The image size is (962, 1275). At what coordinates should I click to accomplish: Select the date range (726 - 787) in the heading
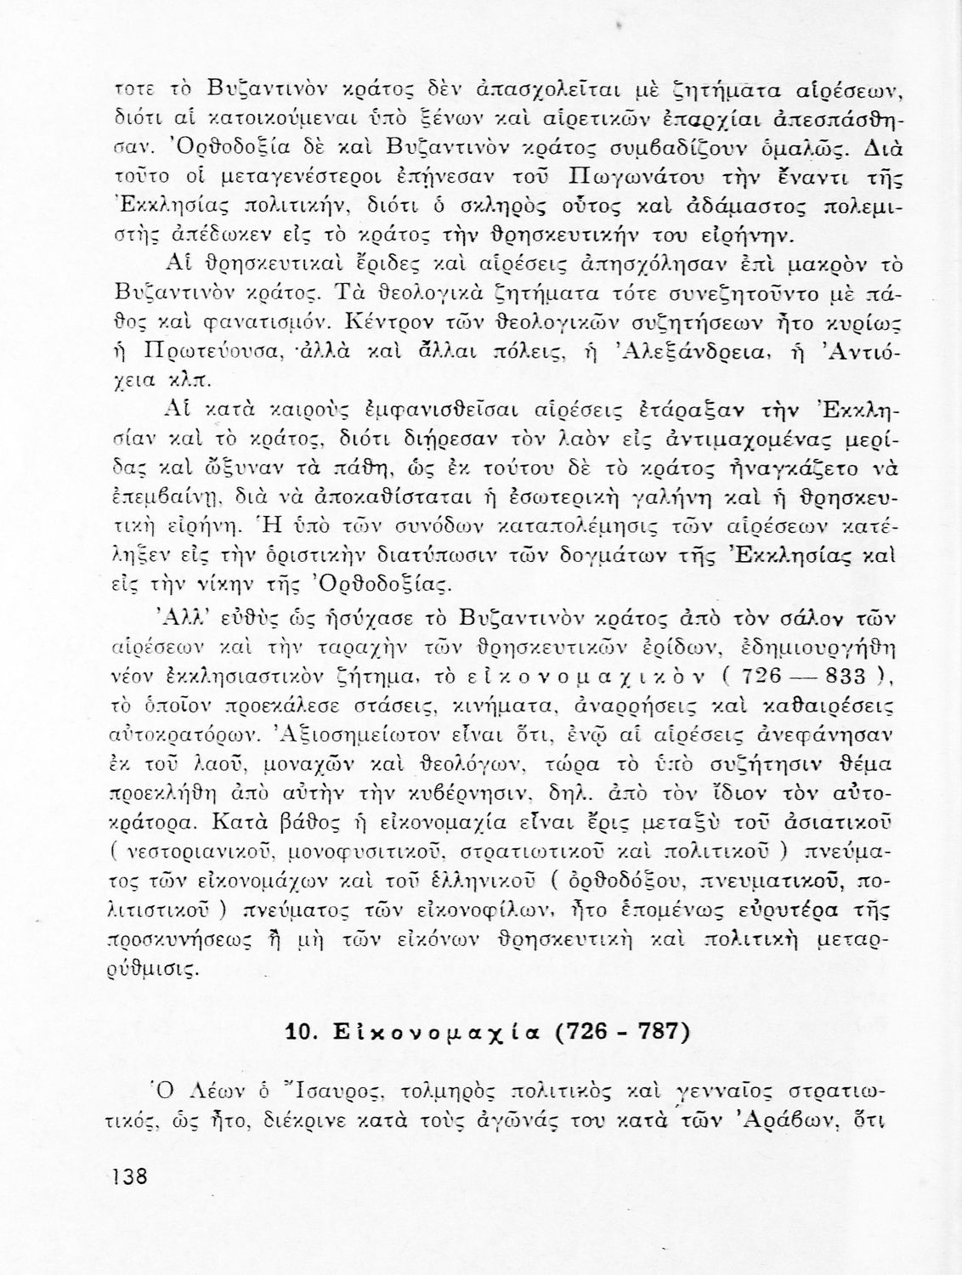point(627,1032)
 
